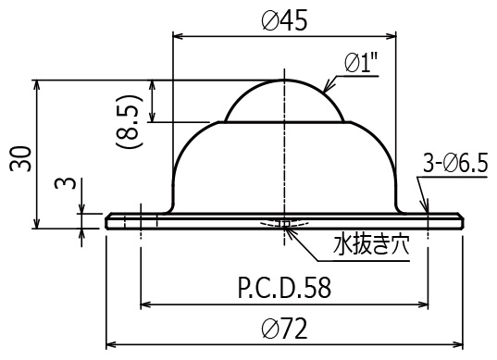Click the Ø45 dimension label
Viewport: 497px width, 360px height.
coord(284,21)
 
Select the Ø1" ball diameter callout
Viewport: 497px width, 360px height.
coord(361,63)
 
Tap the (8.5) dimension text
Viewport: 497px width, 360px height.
coord(129,121)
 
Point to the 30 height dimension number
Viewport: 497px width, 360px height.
coord(21,159)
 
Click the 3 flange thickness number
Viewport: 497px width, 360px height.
coord(66,183)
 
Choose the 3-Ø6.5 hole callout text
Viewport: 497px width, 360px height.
coord(455,165)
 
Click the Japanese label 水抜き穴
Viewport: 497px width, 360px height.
coord(371,244)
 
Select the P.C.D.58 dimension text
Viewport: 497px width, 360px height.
coord(284,288)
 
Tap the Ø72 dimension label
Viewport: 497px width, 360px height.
coord(284,329)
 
